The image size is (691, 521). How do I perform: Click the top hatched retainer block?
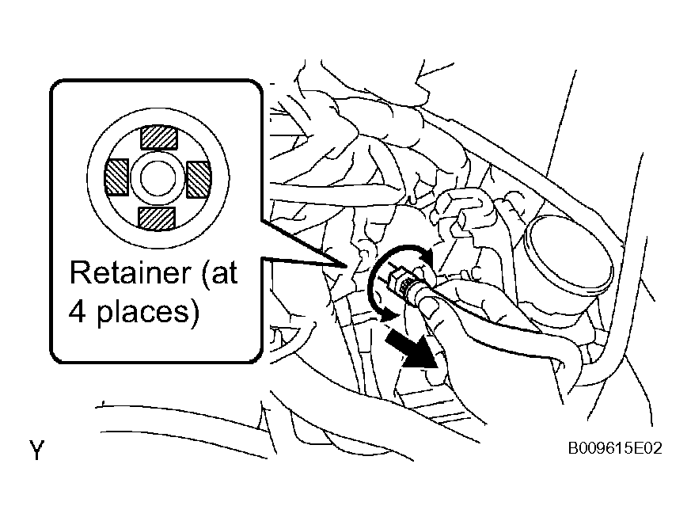tap(158, 138)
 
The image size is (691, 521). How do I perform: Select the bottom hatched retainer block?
tap(157, 219)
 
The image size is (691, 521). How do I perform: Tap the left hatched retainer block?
tap(116, 177)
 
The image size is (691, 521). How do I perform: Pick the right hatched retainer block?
tap(199, 179)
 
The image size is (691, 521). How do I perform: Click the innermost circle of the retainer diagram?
tap(158, 178)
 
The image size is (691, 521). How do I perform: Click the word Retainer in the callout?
tap(131, 272)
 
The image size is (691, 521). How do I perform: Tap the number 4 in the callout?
tap(77, 312)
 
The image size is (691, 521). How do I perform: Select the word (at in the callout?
tap(220, 273)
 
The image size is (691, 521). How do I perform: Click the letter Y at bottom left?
tap(37, 450)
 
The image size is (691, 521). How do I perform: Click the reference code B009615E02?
tap(615, 448)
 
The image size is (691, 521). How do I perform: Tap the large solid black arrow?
tap(412, 350)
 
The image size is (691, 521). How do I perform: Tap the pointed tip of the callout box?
tap(345, 266)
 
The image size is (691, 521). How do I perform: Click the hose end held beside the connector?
tap(430, 304)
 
